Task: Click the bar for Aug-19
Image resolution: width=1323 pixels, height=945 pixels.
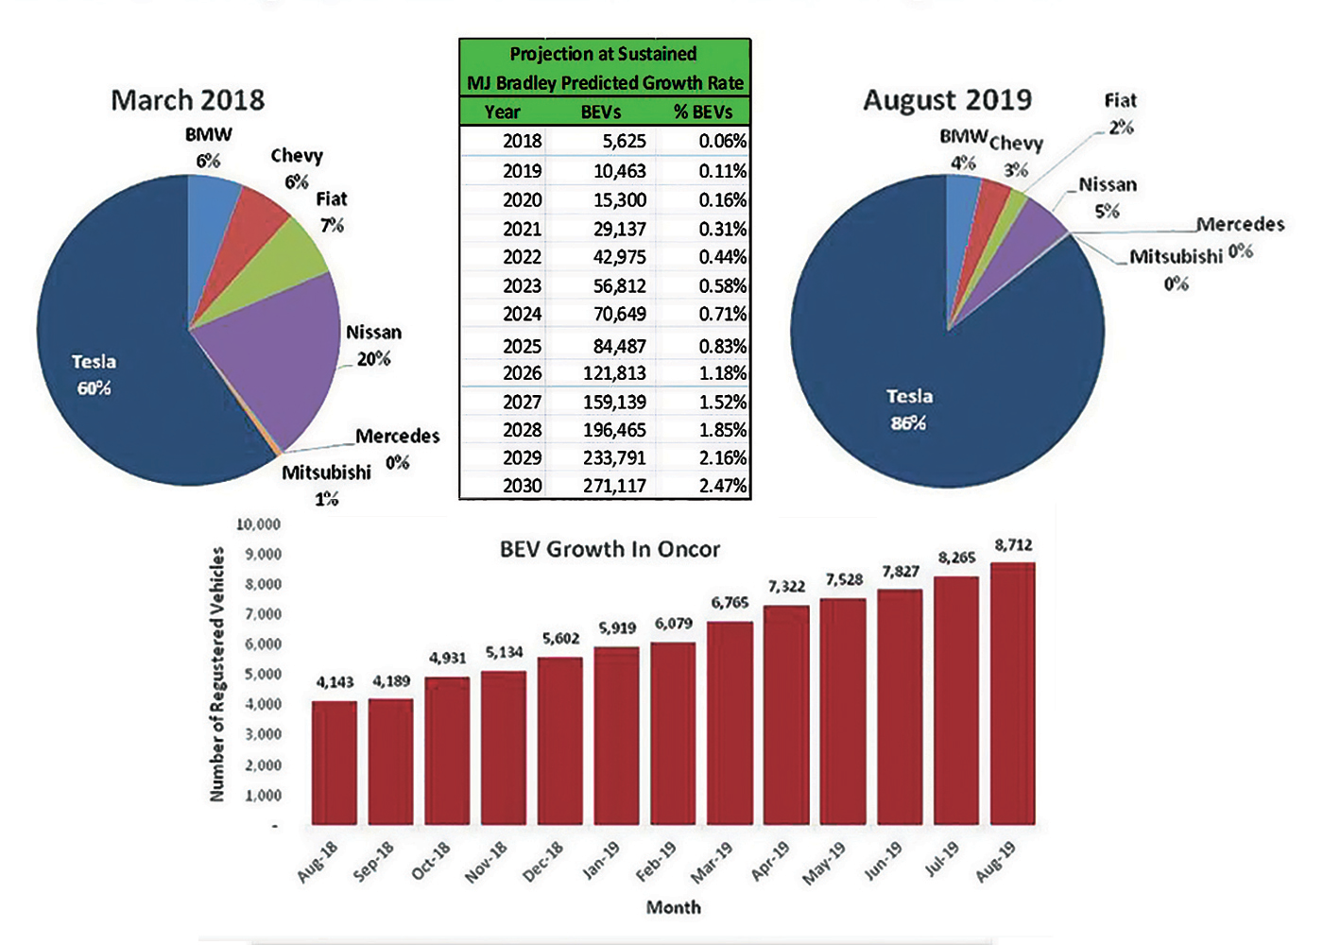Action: pos(1012,695)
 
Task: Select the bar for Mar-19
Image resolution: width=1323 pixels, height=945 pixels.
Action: pos(730,723)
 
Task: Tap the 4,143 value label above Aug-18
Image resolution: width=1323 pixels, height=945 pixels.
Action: pos(335,681)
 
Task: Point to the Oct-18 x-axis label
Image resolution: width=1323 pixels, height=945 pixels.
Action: pos(430,861)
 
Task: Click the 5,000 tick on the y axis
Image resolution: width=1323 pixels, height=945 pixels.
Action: pos(264,674)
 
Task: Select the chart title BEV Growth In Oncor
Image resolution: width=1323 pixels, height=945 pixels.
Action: pos(610,549)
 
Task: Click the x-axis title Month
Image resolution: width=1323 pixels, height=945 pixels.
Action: pos(673,907)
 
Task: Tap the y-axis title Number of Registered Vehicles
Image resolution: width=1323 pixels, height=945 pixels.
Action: pos(217,675)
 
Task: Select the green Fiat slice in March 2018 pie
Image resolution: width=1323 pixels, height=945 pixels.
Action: pos(283,260)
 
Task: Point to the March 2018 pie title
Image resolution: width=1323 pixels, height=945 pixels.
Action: pos(187,100)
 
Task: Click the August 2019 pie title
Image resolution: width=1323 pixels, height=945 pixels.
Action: pos(947,100)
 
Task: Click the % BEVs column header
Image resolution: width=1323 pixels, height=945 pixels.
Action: pos(703,112)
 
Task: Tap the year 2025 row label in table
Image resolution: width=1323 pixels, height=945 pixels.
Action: pos(522,346)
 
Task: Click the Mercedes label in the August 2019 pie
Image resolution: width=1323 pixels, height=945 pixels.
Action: pos(1240,224)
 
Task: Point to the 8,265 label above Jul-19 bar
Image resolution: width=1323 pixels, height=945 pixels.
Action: pos(956,558)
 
